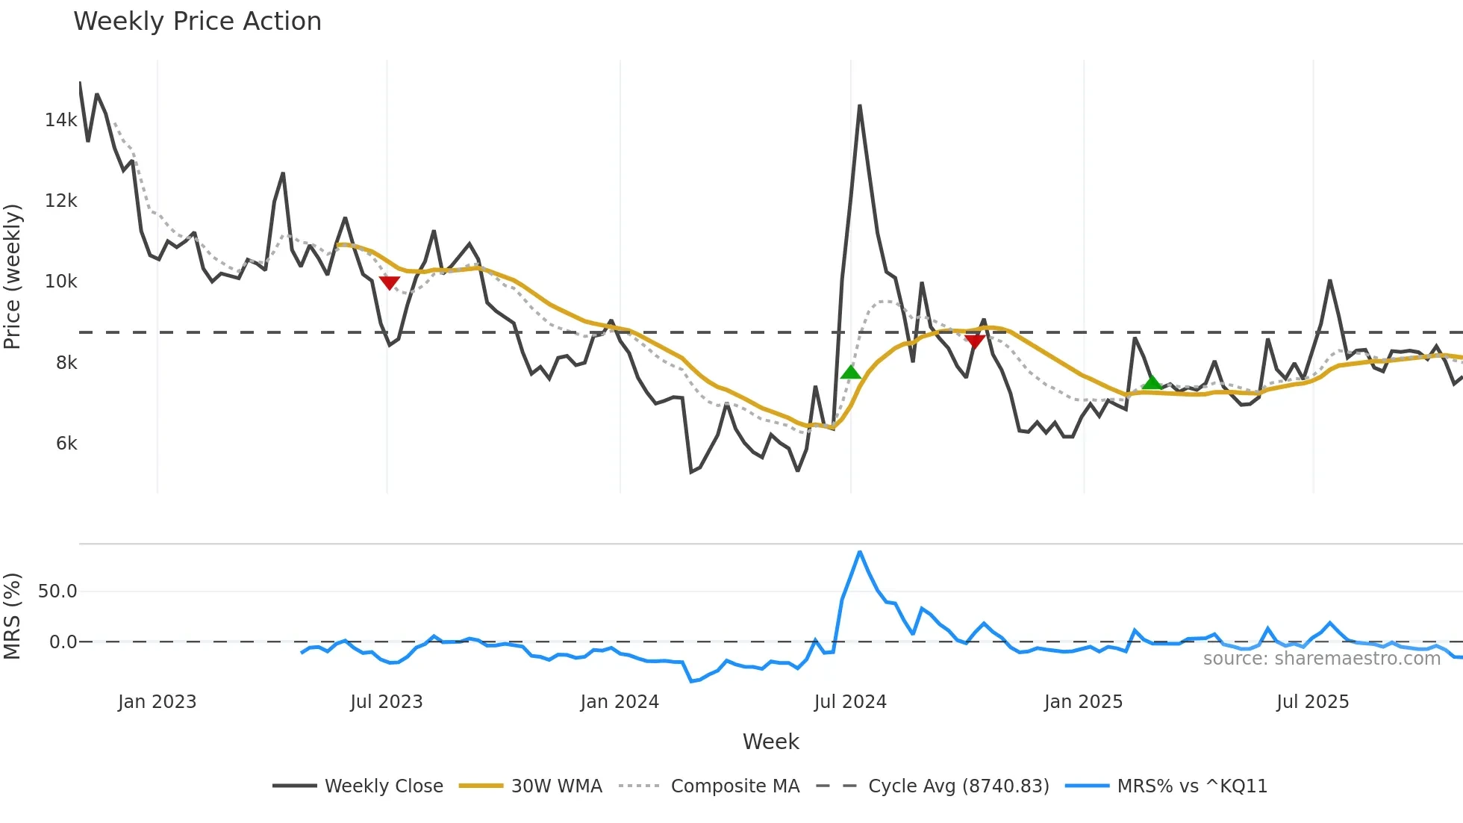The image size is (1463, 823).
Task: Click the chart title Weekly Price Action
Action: tap(197, 21)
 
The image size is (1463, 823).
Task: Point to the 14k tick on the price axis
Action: tap(60, 119)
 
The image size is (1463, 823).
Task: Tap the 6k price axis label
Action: tap(66, 443)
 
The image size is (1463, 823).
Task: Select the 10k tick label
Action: tap(60, 282)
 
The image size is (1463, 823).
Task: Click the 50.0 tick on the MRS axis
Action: tap(57, 591)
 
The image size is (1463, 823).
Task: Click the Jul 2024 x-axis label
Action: tap(850, 702)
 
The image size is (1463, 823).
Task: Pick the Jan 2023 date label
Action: tap(157, 702)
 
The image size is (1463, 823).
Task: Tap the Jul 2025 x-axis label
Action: tap(1312, 702)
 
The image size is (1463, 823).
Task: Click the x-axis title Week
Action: tap(770, 742)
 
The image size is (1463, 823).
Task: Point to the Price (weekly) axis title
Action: tap(12, 276)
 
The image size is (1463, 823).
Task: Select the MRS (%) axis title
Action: tap(12, 616)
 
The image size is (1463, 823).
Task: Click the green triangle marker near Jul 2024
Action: tap(850, 372)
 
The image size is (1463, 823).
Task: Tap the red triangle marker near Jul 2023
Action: tap(389, 283)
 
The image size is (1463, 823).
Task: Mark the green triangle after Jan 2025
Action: tap(1152, 382)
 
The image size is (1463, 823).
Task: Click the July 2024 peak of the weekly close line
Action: tap(860, 106)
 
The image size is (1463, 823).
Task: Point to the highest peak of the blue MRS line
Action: tap(860, 552)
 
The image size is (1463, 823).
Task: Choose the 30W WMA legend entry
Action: tap(531, 786)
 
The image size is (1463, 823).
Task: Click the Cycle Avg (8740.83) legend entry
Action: tap(932, 786)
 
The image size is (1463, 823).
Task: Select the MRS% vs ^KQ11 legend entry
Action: tap(1166, 786)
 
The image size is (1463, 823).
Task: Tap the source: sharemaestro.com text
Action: tap(1321, 659)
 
